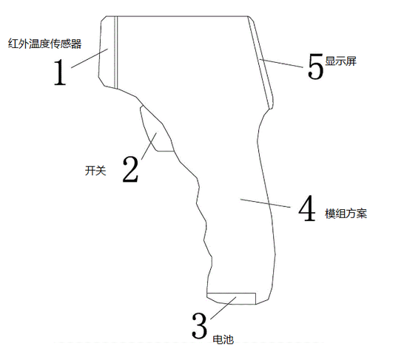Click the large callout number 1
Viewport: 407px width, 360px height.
tap(60, 72)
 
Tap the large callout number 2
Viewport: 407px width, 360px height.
tap(130, 169)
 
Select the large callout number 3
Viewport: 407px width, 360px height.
tap(199, 325)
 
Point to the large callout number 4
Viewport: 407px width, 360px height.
tap(307, 208)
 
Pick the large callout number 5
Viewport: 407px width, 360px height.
tap(316, 66)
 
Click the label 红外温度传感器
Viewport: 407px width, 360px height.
tap(45, 44)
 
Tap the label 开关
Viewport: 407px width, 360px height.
tap(95, 171)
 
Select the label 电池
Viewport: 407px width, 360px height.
tap(223, 339)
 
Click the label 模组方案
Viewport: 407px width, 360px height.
tap(346, 214)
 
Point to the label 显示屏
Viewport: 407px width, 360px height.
tap(341, 61)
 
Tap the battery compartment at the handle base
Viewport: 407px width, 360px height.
tap(232, 298)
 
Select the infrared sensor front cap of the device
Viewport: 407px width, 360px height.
tap(107, 52)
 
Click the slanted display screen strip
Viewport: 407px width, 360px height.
tap(260, 62)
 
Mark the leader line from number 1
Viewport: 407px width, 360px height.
tap(90, 58)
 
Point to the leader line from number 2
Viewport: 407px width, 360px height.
tap(149, 146)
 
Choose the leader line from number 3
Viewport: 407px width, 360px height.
tap(223, 308)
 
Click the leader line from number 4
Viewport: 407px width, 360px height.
tap(265, 203)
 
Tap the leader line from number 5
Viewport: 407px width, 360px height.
tap(281, 64)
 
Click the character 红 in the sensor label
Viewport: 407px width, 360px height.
tap(13, 44)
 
